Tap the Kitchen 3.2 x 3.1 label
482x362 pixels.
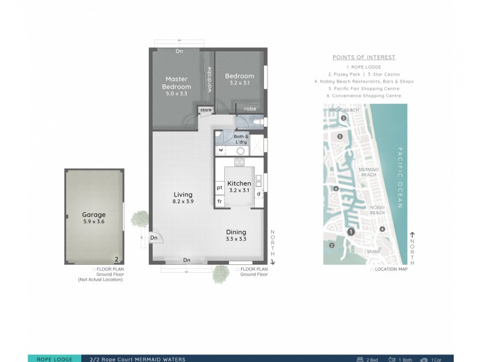pyautogui.click(x=239, y=186)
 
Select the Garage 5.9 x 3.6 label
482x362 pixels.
pyautogui.click(x=94, y=218)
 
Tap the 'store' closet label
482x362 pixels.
pyautogui.click(x=206, y=110)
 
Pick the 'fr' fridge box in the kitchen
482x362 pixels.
pyautogui.click(x=220, y=201)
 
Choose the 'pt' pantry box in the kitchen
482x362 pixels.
pyautogui.click(x=220, y=188)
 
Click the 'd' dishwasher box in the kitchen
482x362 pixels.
pyautogui.click(x=258, y=194)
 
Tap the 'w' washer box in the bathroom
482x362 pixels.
pyautogui.click(x=221, y=150)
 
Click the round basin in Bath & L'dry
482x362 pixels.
pyautogui.click(x=240, y=151)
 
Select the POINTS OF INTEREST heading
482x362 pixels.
pyautogui.click(x=364, y=57)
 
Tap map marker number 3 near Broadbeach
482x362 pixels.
pyautogui.click(x=343, y=119)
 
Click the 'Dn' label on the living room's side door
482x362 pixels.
pyautogui.click(x=153, y=238)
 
